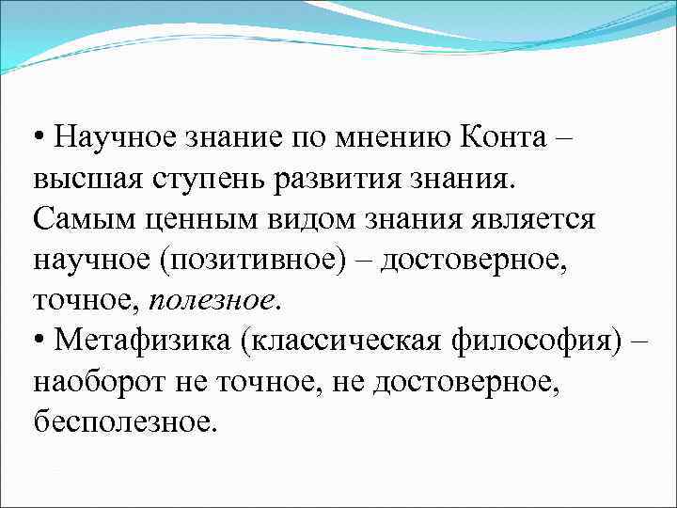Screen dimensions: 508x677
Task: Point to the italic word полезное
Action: click(x=211, y=299)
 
